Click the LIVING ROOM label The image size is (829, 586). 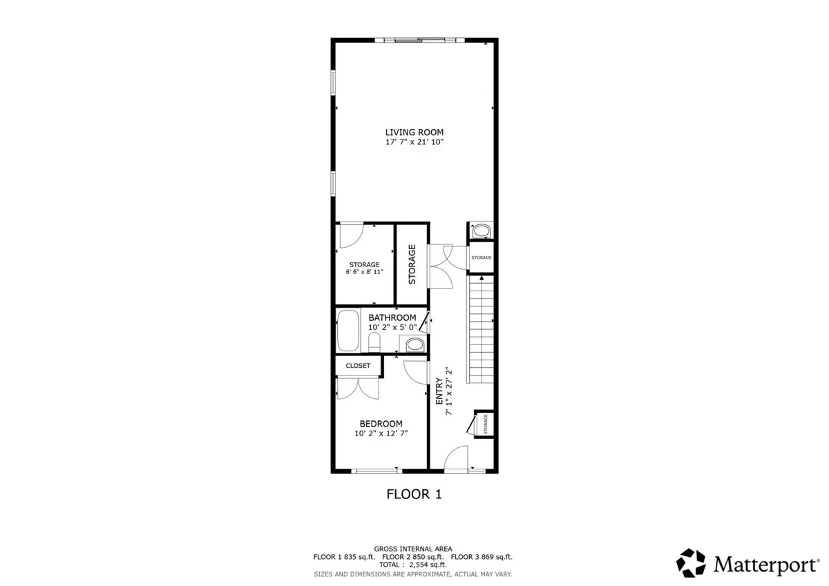click(x=414, y=133)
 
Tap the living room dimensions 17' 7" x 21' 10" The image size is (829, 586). click(x=414, y=142)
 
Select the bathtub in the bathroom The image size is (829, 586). click(x=348, y=330)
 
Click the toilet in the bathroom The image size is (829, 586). click(x=374, y=342)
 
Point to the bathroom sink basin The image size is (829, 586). click(x=414, y=345)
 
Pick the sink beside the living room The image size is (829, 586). click(x=481, y=231)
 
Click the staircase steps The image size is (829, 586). click(x=482, y=329)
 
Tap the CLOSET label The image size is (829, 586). click(x=358, y=366)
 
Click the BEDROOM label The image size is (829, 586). click(x=381, y=424)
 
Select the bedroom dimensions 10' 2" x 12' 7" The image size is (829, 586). click(x=381, y=433)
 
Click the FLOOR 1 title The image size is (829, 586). click(x=414, y=494)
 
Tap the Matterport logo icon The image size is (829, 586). click(x=691, y=563)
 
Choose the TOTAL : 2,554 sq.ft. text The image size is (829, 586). click(x=412, y=565)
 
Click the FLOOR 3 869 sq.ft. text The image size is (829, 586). click(x=482, y=557)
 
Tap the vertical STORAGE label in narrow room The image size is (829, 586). click(x=412, y=264)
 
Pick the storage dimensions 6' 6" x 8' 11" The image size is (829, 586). click(x=364, y=272)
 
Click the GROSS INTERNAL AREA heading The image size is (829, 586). click(x=412, y=549)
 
